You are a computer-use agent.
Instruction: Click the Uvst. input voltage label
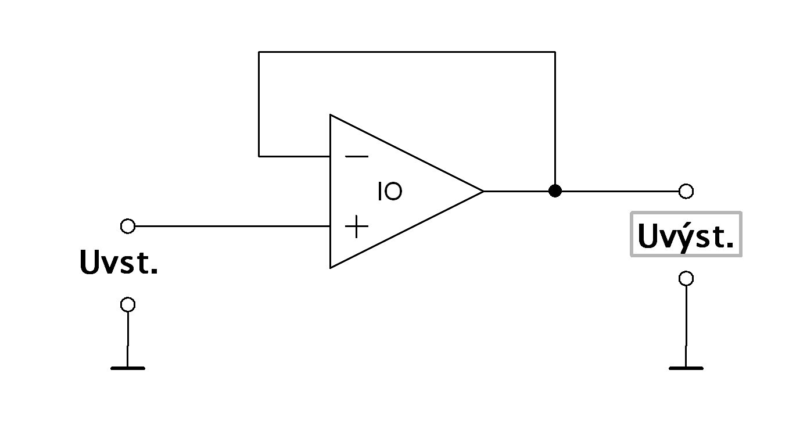[x=119, y=263]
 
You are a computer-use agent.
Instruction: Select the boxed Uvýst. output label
[x=686, y=235]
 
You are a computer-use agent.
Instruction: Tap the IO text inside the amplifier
[x=389, y=192]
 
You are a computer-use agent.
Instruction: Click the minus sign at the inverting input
[x=356, y=156]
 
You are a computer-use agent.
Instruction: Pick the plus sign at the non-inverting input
[x=356, y=227]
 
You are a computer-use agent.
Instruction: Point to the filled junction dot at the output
[x=555, y=191]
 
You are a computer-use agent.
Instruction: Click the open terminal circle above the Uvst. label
[x=127, y=226]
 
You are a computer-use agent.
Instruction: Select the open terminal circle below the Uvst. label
[x=127, y=304]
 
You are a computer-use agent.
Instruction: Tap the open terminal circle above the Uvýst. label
[x=686, y=191]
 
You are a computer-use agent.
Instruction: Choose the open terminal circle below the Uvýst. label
[x=686, y=279]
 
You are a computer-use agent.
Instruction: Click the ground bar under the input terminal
[x=127, y=368]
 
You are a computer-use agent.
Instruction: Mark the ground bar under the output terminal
[x=686, y=368]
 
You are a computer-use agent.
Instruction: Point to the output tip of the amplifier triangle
[x=482, y=191]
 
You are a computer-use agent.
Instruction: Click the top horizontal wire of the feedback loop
[x=407, y=52]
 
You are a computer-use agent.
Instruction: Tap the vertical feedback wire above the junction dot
[x=555, y=116]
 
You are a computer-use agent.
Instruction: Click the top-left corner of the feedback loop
[x=259, y=52]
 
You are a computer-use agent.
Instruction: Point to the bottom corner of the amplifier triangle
[x=331, y=267]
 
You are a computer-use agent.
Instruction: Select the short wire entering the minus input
[x=295, y=156]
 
